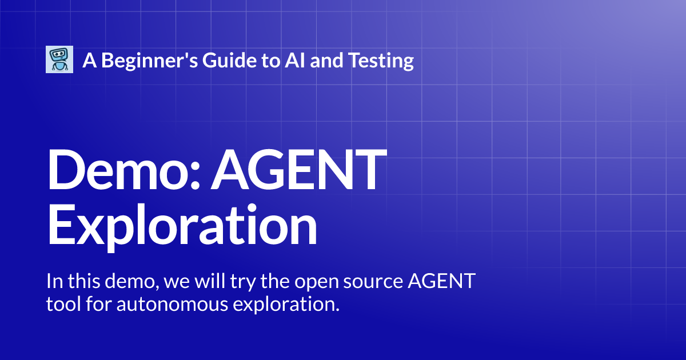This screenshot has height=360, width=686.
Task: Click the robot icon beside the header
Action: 59,59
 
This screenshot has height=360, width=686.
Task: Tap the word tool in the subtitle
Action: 61,304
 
